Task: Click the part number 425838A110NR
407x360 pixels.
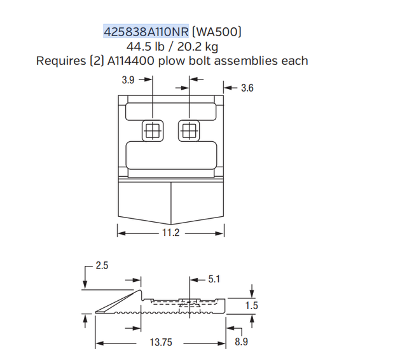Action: click(146, 31)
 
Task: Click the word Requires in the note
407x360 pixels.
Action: click(62, 61)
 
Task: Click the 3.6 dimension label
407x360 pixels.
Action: click(247, 88)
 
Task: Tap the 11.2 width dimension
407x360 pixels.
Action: click(172, 233)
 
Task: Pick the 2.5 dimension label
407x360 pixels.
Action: click(102, 266)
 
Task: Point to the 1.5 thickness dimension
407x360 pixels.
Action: click(252, 306)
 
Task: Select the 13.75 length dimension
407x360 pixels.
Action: click(161, 343)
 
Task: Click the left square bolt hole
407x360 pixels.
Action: click(152, 131)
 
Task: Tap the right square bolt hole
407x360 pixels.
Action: click(188, 131)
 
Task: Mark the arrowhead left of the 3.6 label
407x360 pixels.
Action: click(226, 88)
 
